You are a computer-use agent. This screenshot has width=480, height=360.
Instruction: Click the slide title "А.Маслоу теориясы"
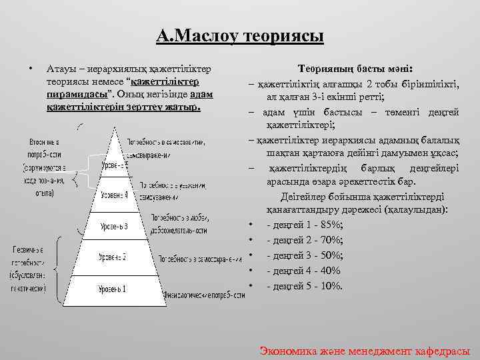click(x=240, y=34)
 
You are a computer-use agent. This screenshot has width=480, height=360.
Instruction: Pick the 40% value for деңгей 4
click(x=329, y=271)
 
